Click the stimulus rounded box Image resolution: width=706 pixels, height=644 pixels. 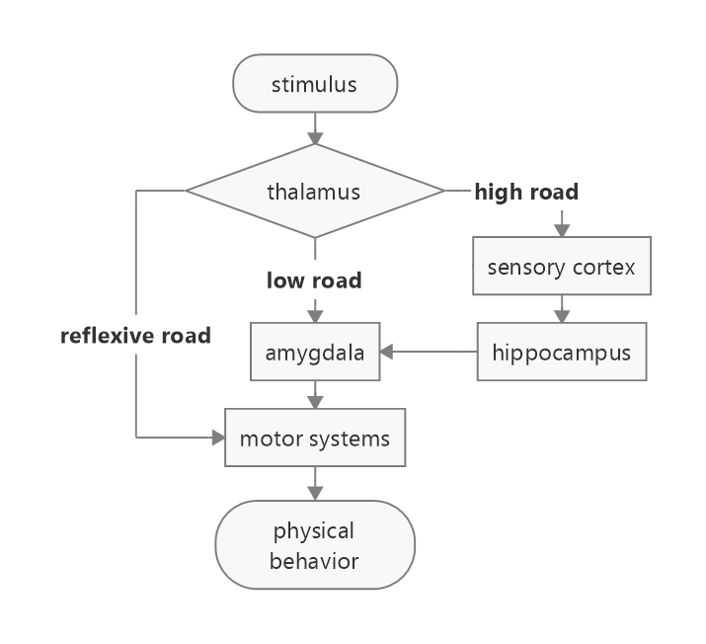(x=314, y=84)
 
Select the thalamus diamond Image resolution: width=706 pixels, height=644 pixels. (x=314, y=192)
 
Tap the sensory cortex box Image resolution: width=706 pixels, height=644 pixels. (x=562, y=267)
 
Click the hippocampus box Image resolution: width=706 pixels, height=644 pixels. (x=562, y=352)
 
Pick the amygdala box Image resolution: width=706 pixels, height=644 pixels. (x=315, y=352)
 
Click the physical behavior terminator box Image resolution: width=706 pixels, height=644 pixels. (x=315, y=545)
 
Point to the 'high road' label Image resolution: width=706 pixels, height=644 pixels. (x=526, y=193)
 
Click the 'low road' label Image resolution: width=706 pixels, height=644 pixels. (x=314, y=281)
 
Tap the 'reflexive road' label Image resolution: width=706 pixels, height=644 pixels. (x=135, y=336)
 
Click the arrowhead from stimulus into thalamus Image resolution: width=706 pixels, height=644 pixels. (x=315, y=136)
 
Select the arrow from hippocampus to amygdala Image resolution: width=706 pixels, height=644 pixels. (x=430, y=351)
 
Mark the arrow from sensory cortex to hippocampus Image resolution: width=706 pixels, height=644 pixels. (x=562, y=308)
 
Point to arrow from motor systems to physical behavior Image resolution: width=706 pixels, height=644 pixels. (x=315, y=484)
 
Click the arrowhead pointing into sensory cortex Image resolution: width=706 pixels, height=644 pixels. (x=562, y=229)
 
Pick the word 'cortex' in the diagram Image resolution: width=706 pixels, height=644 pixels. (x=607, y=267)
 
